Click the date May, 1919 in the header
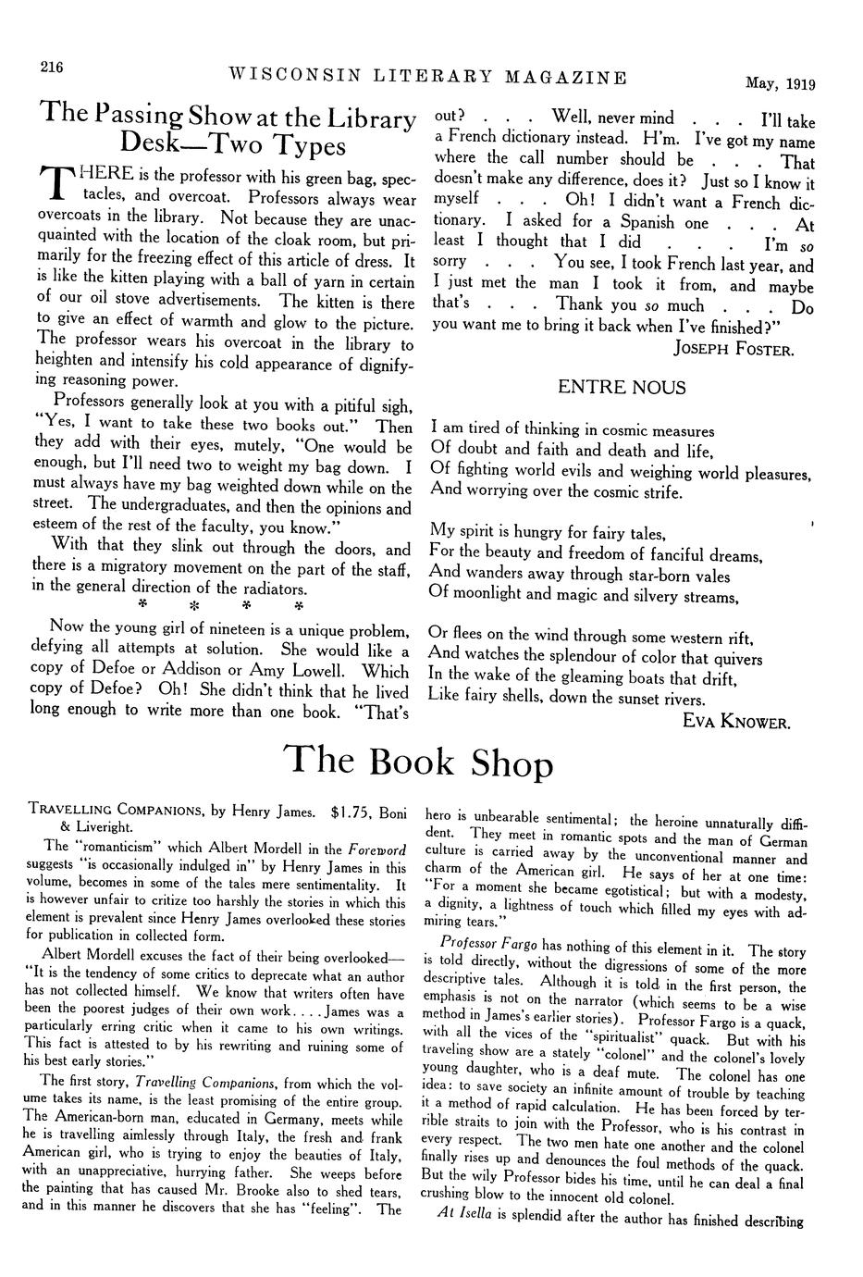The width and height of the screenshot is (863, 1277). click(781, 83)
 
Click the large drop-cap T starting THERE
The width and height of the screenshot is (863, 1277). click(54, 184)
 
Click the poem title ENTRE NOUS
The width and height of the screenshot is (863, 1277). click(622, 388)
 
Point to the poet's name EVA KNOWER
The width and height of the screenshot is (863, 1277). click(736, 722)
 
